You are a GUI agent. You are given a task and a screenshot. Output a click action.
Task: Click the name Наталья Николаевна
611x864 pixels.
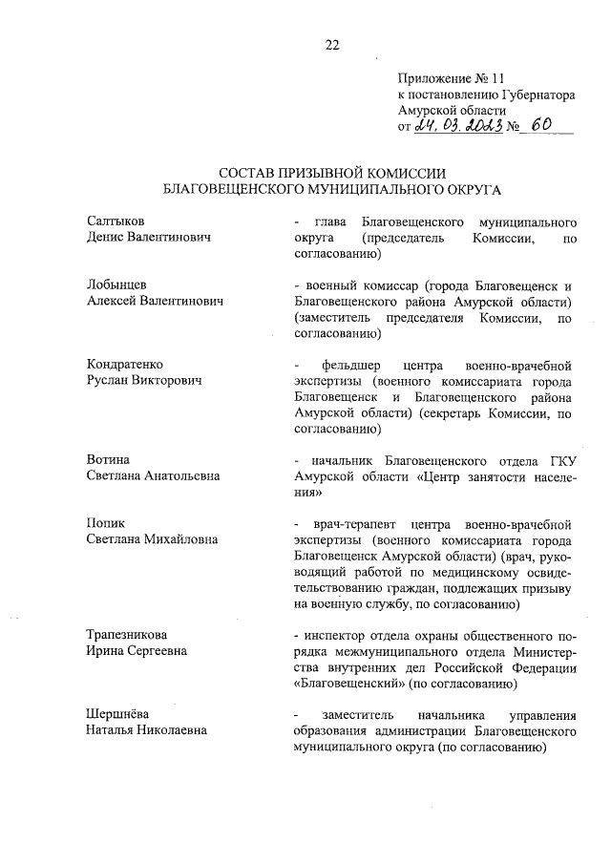click(x=147, y=731)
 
